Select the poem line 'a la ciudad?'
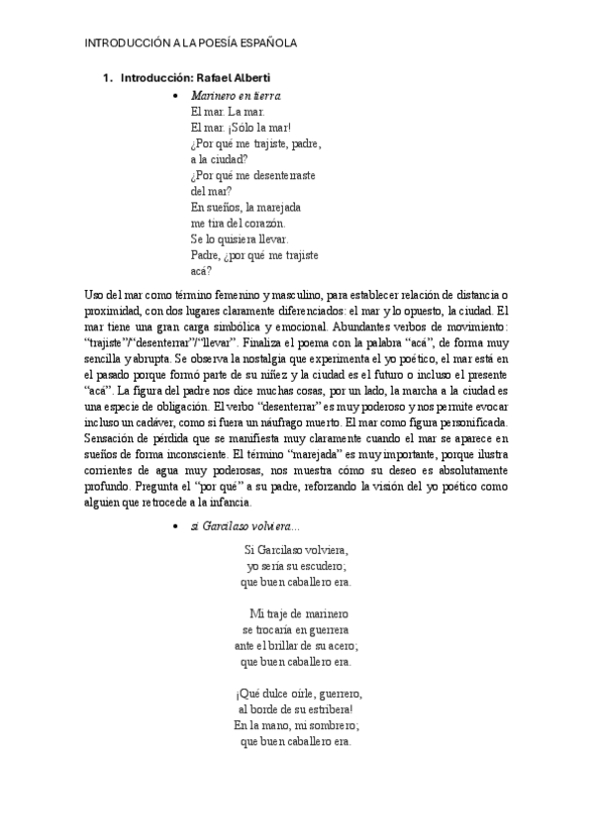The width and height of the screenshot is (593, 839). (x=219, y=159)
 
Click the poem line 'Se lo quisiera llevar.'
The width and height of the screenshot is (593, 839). (x=239, y=238)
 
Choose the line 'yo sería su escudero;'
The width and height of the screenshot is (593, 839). (x=296, y=565)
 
